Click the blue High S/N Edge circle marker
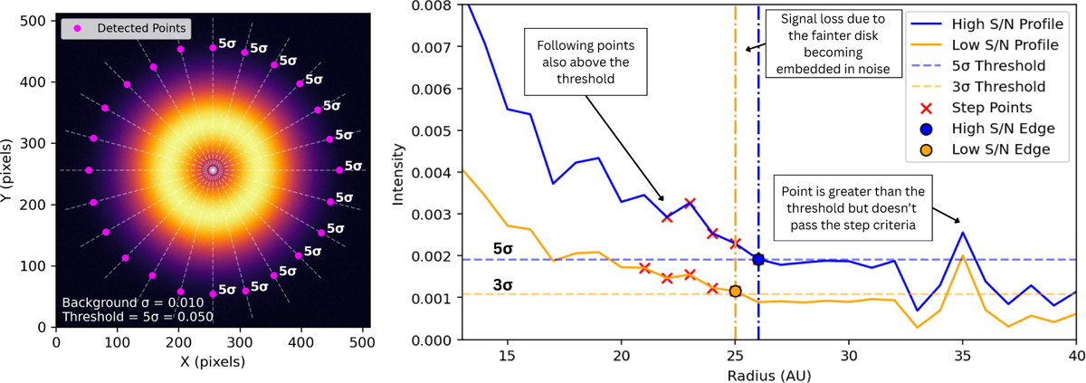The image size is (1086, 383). click(x=758, y=259)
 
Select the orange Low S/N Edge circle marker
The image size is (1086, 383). click(x=735, y=291)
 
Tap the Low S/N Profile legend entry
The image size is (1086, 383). click(x=985, y=45)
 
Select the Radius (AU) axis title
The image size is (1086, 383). click(x=769, y=375)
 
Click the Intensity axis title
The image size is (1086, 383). click(x=398, y=175)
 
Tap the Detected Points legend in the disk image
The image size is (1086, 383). click(x=126, y=29)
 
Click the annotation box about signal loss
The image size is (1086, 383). click(x=834, y=43)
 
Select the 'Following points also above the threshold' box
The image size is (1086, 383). click(x=586, y=62)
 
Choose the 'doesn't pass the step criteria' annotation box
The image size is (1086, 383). click(x=853, y=208)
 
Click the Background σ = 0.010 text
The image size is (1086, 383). click(x=133, y=303)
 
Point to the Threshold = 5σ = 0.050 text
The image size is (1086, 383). click(x=138, y=317)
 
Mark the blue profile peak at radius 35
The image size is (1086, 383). click(x=962, y=233)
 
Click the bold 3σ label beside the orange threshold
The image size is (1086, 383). click(x=503, y=285)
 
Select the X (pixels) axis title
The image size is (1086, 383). click(x=213, y=361)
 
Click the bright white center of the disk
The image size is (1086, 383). click(x=213, y=170)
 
